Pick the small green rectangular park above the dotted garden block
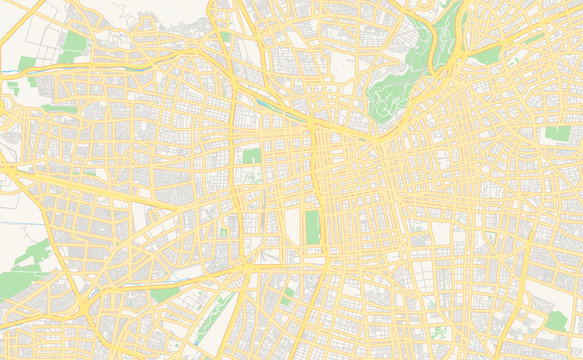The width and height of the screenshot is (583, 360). [251, 156]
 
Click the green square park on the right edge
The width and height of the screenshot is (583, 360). [557, 133]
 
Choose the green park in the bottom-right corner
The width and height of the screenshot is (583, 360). [556, 320]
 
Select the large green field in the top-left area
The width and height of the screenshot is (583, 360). [75, 44]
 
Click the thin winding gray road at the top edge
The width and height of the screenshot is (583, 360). [120, 10]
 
